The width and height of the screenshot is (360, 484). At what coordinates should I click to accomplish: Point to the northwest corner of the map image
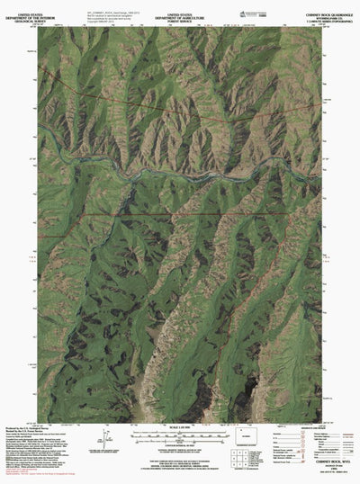[x=39, y=26]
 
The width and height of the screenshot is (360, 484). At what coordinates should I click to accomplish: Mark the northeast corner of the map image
[x=321, y=26]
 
